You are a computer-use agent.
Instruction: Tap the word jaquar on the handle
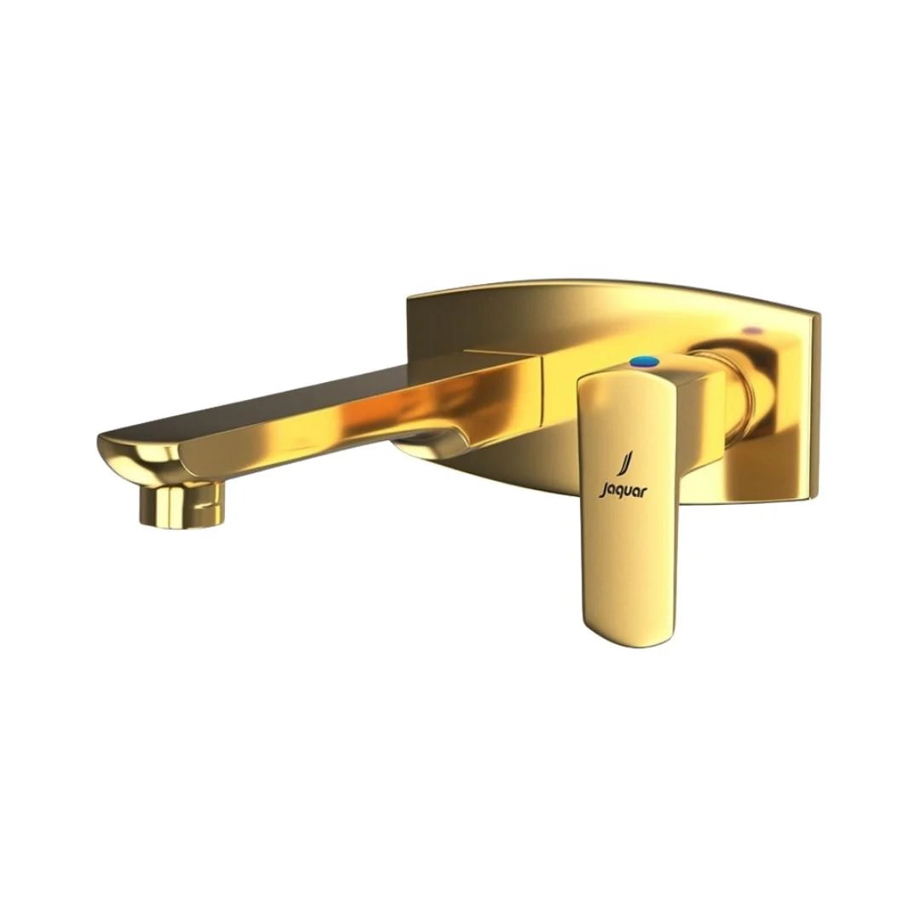pyautogui.click(x=623, y=489)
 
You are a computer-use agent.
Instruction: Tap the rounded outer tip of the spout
pyautogui.click(x=115, y=448)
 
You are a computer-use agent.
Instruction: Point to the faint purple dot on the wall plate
pyautogui.click(x=751, y=327)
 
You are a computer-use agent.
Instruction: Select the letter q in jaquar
pyautogui.click(x=617, y=490)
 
